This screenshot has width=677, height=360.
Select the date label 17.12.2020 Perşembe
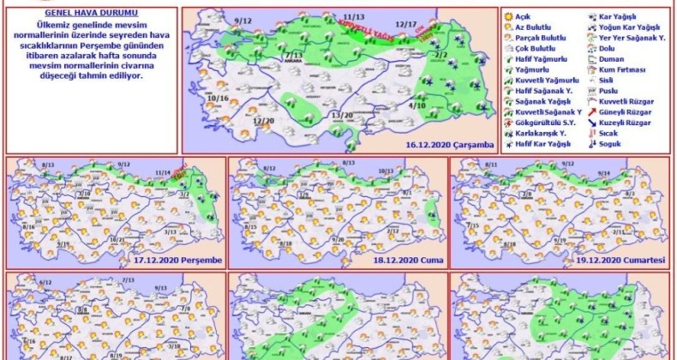[178, 260]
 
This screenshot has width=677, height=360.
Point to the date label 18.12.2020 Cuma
[410, 260]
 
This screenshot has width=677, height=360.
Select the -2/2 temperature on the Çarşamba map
[441, 55]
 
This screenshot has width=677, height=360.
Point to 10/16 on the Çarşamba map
[218, 99]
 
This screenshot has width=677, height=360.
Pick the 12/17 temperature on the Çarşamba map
[407, 25]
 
